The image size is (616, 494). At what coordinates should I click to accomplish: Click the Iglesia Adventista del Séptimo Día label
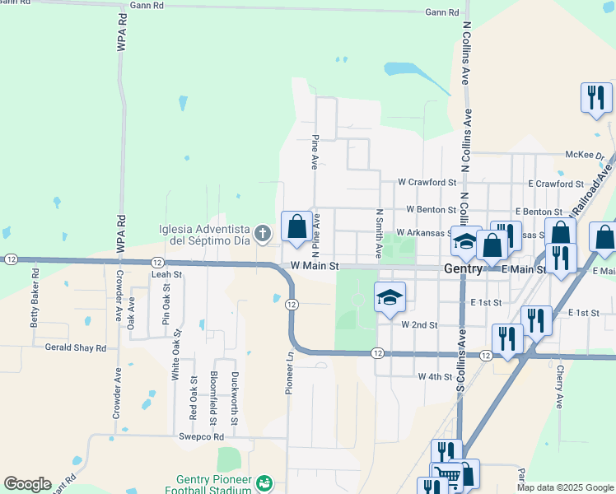[x=204, y=235]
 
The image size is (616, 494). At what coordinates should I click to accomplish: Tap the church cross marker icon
[x=263, y=234]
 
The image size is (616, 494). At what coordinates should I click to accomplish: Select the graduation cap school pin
[x=390, y=296]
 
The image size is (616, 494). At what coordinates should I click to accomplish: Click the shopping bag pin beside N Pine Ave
[x=296, y=226]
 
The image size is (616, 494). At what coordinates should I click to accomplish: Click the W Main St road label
[x=315, y=266]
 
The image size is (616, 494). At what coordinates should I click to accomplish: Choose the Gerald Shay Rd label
[x=76, y=348]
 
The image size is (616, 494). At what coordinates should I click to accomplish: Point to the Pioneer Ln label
[x=289, y=374]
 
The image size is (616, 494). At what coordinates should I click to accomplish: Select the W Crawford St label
[x=427, y=182]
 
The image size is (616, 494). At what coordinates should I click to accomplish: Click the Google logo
[x=27, y=484]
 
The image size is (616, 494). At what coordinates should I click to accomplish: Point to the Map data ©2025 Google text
[x=564, y=487]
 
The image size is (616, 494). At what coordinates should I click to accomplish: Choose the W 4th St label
[x=436, y=377]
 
